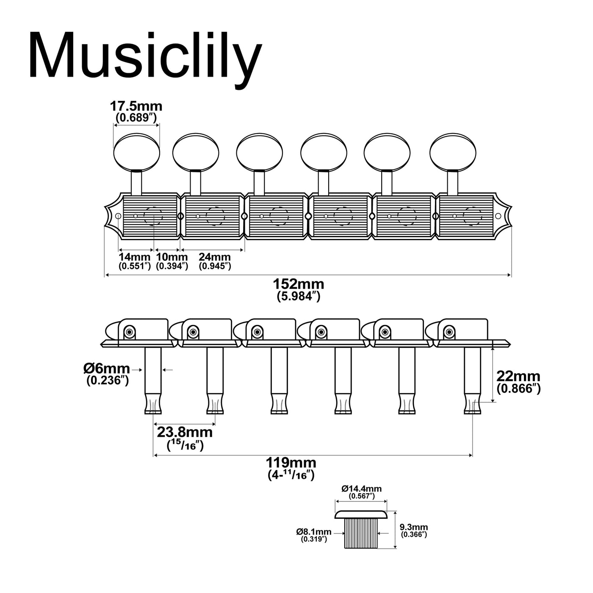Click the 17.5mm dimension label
136,106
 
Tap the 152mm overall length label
298,284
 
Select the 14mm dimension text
134,256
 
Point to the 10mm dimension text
172,256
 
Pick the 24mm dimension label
214,256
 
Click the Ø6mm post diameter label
106,369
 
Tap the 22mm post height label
518,376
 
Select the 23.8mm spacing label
185,432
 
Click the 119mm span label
291,463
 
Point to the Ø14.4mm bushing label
361,488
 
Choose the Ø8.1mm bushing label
314,532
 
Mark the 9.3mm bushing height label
413,527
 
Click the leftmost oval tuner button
137,152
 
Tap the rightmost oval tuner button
453,152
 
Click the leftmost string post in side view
153,381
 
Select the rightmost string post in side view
472,381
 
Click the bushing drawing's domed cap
361,514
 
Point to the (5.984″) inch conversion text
299,296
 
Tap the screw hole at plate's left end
118,216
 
